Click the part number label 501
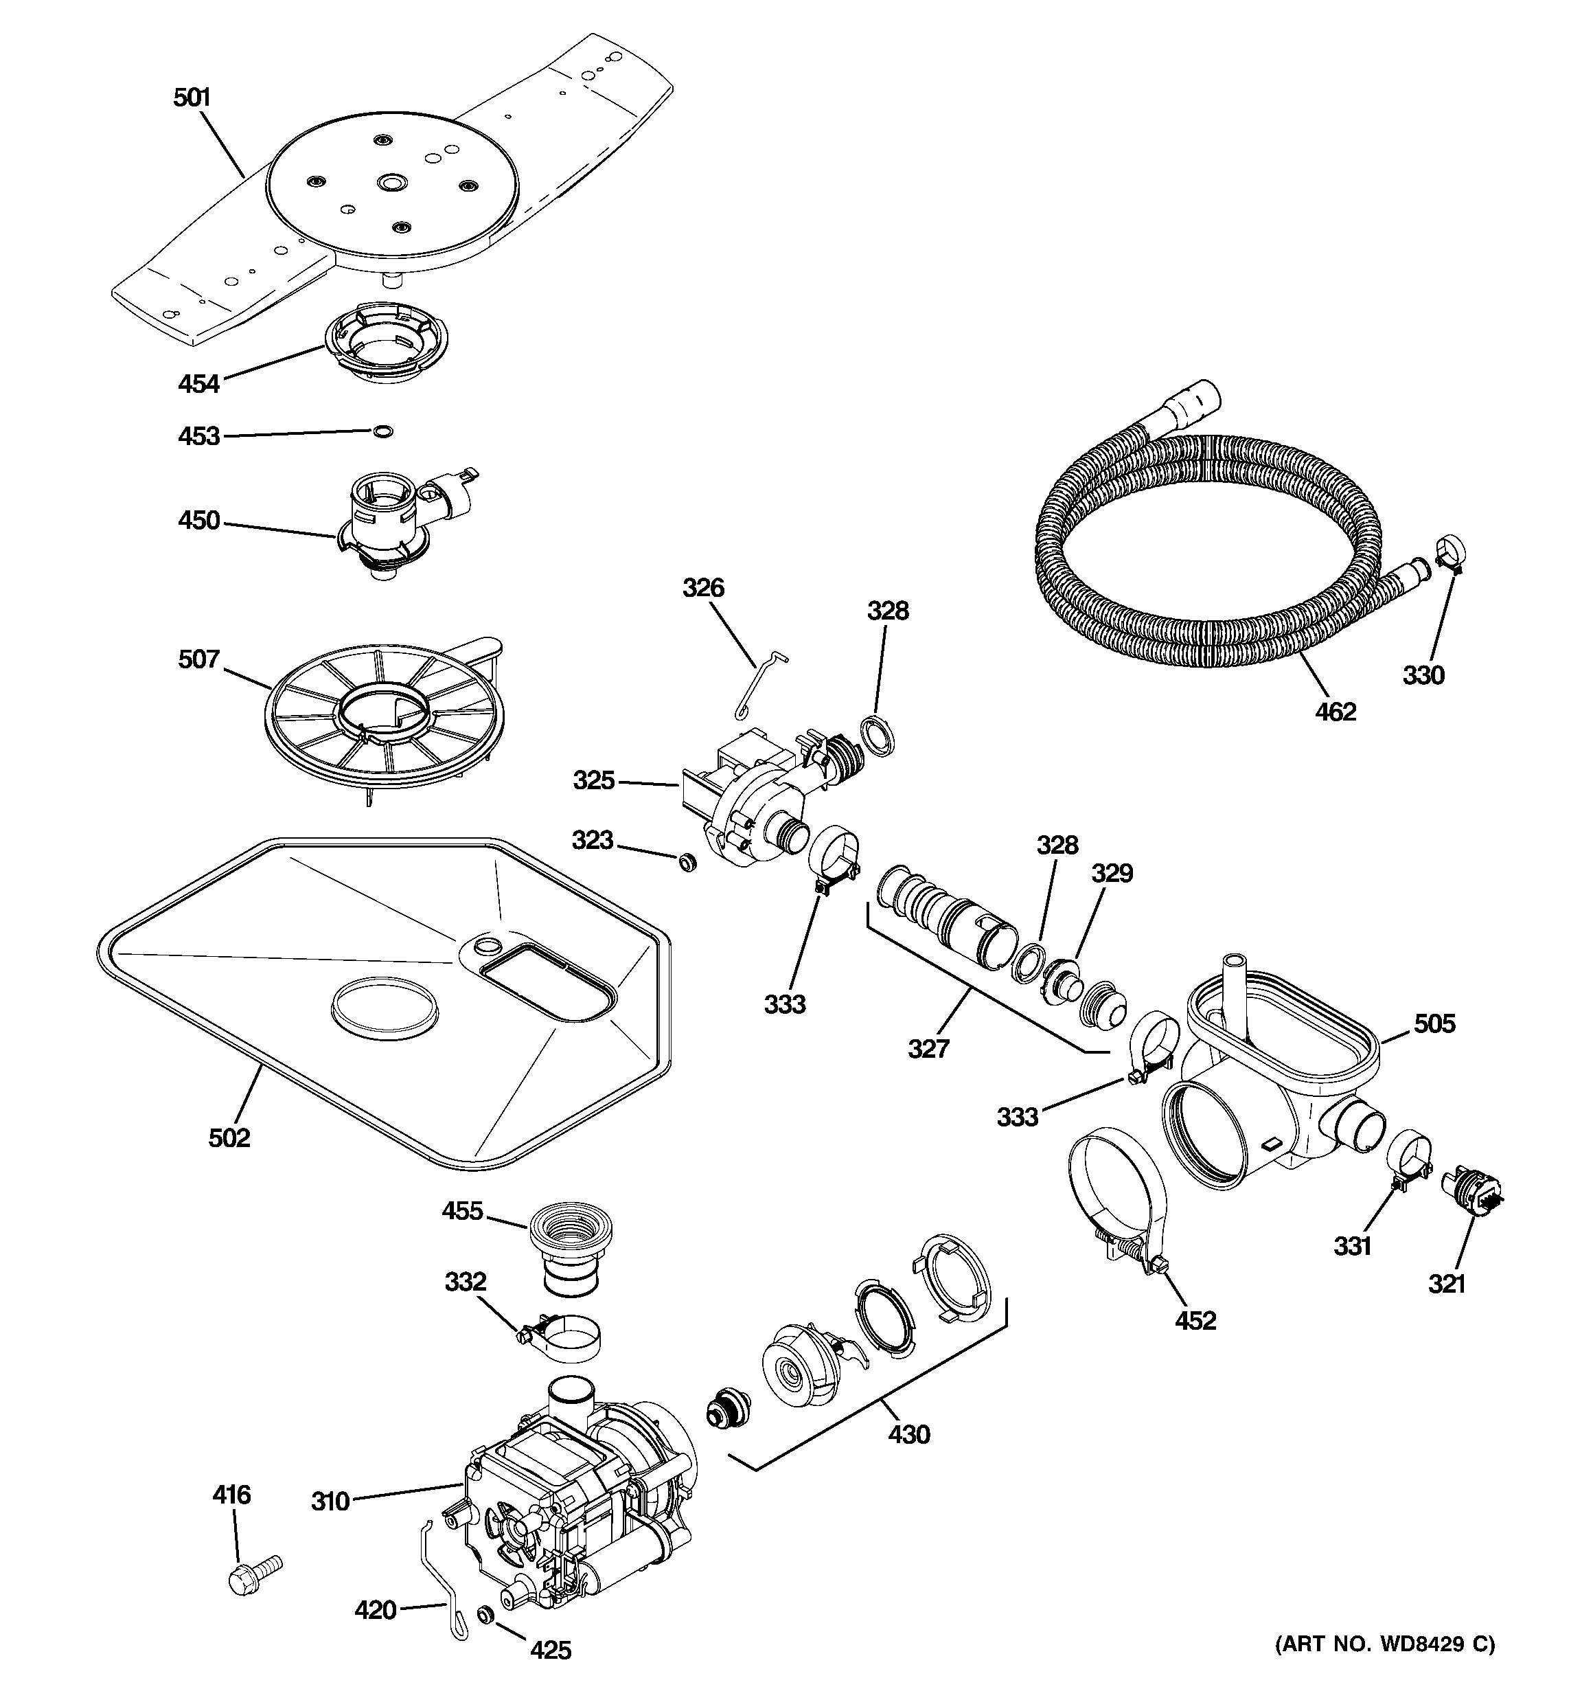(x=192, y=98)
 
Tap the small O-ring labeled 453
(x=384, y=431)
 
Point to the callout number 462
(x=1336, y=712)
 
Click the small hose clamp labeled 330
(x=1450, y=550)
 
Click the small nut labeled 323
(x=686, y=862)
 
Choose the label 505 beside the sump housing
(x=1434, y=1023)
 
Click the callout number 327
(x=928, y=1048)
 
